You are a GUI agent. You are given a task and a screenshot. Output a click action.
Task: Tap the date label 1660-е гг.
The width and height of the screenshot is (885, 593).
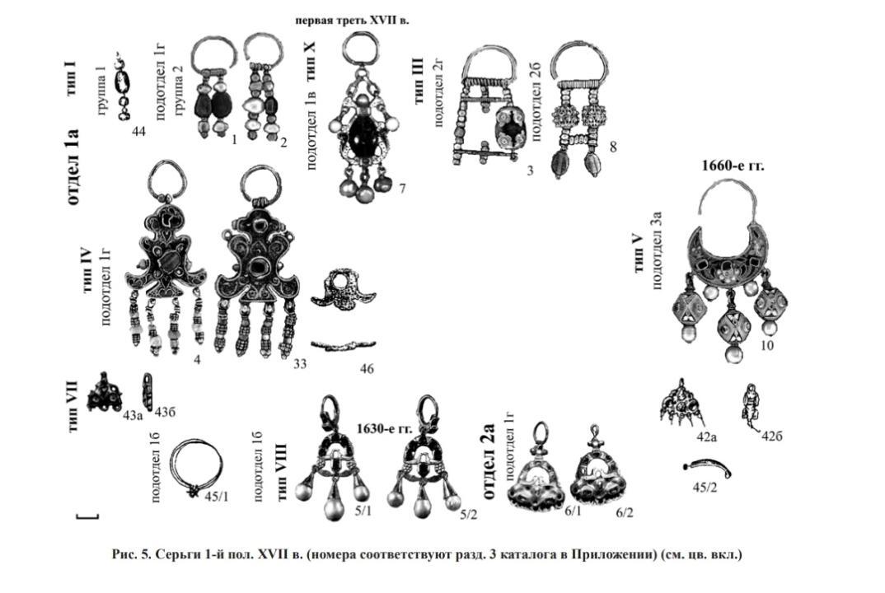pos(733,166)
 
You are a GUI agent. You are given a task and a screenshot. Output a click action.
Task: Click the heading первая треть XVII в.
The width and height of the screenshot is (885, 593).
pos(363,19)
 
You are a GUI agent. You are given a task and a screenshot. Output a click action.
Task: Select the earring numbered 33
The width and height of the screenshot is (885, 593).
pos(256,264)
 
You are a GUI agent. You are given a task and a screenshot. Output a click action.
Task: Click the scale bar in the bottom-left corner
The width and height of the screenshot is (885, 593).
pos(87,517)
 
